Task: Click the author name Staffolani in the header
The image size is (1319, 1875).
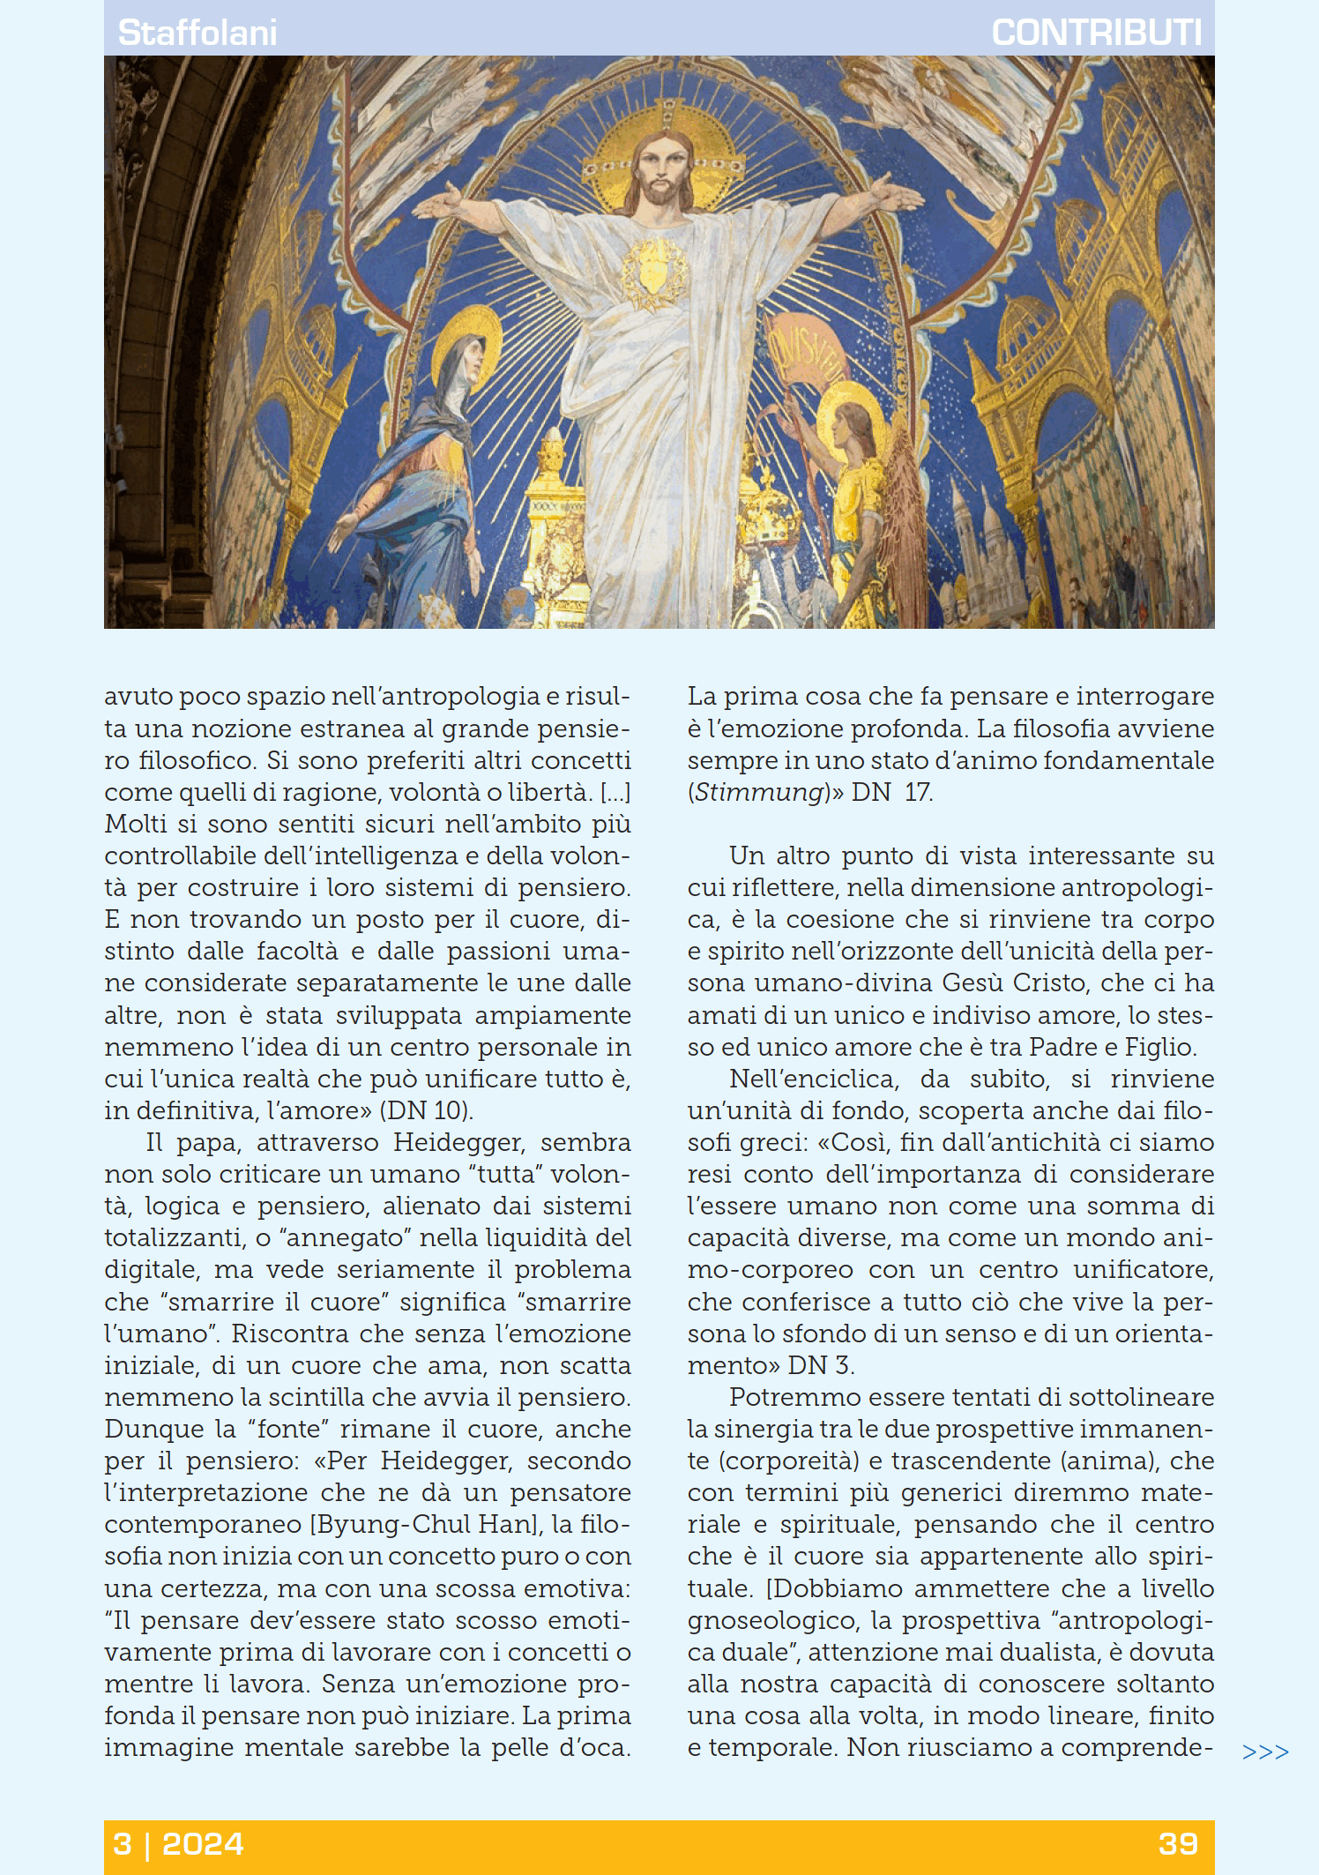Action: [197, 33]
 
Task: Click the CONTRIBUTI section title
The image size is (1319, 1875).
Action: [1096, 33]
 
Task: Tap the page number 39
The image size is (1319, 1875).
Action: [1178, 1844]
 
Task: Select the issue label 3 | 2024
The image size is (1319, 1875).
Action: [178, 1844]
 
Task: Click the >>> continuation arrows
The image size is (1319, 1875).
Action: [1265, 1752]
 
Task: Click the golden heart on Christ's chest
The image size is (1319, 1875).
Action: [652, 270]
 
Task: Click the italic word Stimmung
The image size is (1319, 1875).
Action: [758, 792]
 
